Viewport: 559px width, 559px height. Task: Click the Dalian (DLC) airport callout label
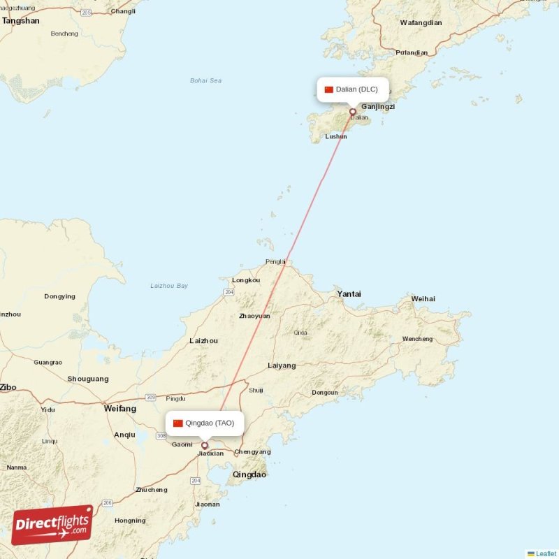pyautogui.click(x=353, y=89)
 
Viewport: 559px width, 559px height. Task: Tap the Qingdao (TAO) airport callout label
pyautogui.click(x=205, y=423)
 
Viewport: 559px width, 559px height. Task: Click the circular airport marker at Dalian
pyautogui.click(x=353, y=111)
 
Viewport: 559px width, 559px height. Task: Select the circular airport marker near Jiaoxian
pyautogui.click(x=205, y=445)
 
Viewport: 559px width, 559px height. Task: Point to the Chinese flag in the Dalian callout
pyautogui.click(x=329, y=89)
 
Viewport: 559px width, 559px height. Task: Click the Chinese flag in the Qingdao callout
pyautogui.click(x=178, y=423)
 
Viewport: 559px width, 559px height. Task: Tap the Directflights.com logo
pyautogui.click(x=52, y=525)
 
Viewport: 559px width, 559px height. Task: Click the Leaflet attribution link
pyautogui.click(x=546, y=553)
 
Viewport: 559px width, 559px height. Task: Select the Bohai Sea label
pyautogui.click(x=205, y=81)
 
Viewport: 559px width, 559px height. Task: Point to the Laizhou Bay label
pyautogui.click(x=169, y=286)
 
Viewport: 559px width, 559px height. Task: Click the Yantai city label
pyautogui.click(x=349, y=294)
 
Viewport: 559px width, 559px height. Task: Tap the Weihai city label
pyautogui.click(x=423, y=299)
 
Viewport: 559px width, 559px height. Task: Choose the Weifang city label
pyautogui.click(x=120, y=408)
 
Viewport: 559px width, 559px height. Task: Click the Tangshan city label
pyautogui.click(x=21, y=21)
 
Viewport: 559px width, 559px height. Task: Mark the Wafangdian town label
pyautogui.click(x=421, y=23)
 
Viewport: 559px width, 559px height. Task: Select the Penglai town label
pyautogui.click(x=276, y=262)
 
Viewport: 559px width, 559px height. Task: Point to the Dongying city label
pyautogui.click(x=59, y=296)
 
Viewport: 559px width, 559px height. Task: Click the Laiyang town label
pyautogui.click(x=282, y=365)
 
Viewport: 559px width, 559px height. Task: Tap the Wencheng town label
pyautogui.click(x=417, y=339)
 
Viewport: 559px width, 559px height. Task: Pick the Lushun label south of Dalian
pyautogui.click(x=336, y=137)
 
